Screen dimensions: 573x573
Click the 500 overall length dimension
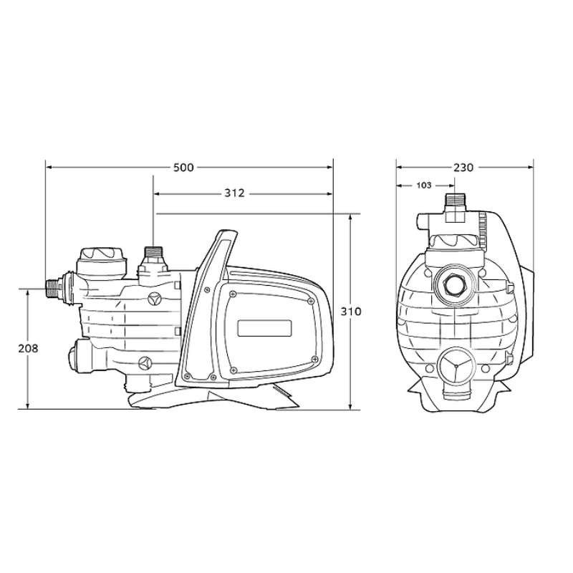(184, 168)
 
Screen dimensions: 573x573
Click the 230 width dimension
(463, 168)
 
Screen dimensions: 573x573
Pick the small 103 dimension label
(423, 185)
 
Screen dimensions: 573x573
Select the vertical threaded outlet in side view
(152, 255)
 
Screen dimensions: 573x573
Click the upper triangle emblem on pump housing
(153, 297)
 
